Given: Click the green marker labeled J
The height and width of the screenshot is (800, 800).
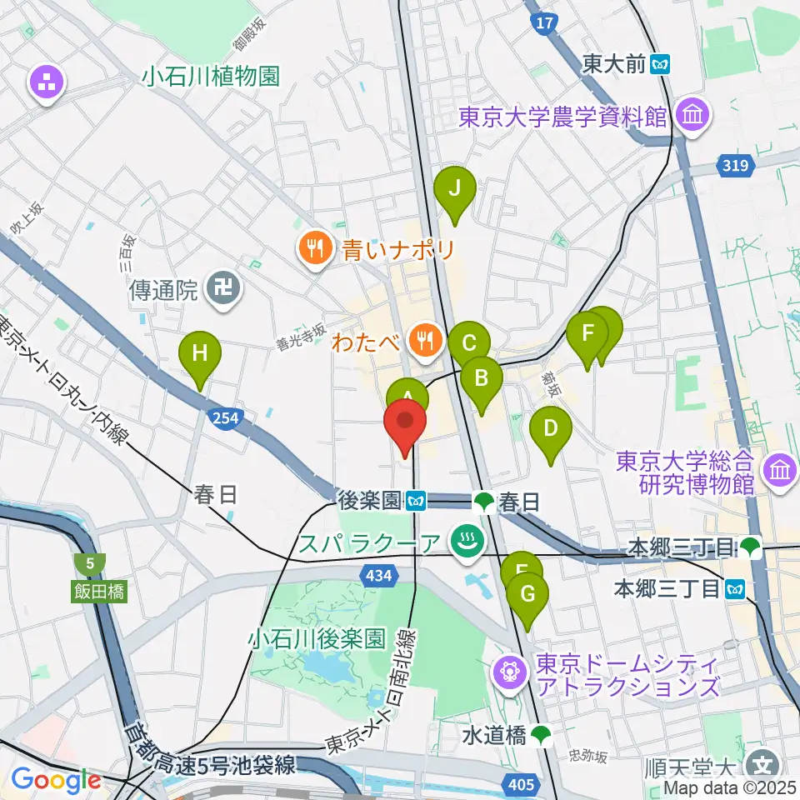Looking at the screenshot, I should (455, 189).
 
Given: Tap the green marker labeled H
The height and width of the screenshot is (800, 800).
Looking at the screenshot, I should (200, 354).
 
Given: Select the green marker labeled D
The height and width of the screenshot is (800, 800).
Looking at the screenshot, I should (551, 430).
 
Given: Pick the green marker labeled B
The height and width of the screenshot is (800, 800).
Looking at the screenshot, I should (482, 380).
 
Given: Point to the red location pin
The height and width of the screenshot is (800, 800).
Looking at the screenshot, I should (406, 422).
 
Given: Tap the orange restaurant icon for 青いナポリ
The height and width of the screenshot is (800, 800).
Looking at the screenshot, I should (315, 247).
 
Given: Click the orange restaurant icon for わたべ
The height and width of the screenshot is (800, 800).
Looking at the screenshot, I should (427, 340).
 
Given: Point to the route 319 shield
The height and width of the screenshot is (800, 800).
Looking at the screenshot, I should (735, 166).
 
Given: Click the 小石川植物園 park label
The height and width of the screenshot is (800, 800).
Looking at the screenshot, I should (209, 77).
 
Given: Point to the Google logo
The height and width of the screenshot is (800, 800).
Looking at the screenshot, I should (56, 780).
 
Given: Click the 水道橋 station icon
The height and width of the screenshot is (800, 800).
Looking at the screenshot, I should (542, 734).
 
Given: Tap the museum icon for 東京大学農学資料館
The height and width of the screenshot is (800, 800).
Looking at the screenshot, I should (692, 117).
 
